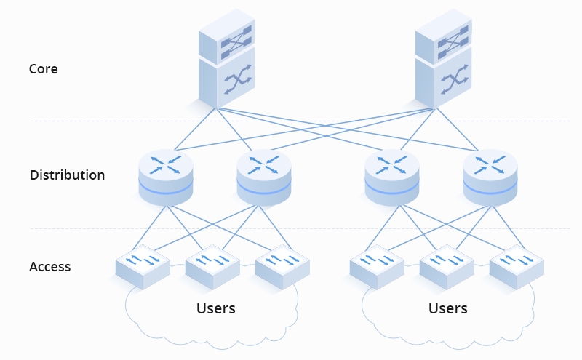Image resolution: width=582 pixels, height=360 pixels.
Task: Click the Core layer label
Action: pos(43,69)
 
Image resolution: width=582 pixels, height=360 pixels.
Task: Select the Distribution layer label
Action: pos(67,175)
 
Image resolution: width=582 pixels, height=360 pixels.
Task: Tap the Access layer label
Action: pos(49,267)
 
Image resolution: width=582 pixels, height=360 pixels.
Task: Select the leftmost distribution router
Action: pos(166,177)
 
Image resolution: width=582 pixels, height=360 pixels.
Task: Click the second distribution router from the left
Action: pos(263,177)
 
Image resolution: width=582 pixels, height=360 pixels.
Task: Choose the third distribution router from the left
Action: pos(392,177)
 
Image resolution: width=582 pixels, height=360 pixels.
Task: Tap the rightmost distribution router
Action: pos(490,177)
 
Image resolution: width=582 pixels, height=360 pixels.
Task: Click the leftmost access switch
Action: pos(143,266)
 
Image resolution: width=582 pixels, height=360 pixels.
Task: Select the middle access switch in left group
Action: pos(212,266)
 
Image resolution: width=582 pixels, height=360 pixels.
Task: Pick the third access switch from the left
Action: pos(282,266)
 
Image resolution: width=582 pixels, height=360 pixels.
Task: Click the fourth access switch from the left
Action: pos(376,266)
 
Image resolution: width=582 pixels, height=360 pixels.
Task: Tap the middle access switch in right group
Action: pos(447,266)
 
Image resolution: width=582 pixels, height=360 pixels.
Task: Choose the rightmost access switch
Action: pos(517,266)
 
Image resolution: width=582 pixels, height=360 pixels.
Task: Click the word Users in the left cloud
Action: pos(216,308)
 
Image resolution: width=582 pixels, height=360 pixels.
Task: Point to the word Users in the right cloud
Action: pos(447,308)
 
